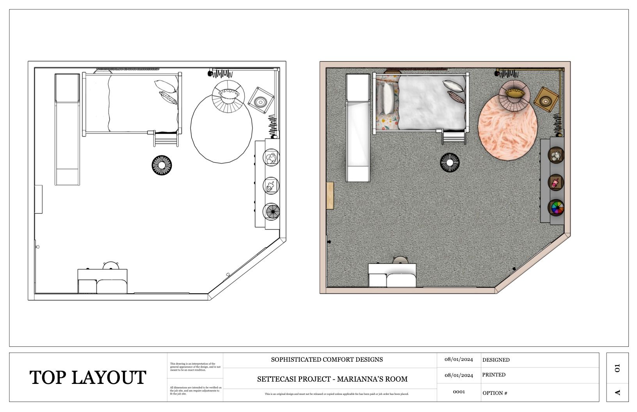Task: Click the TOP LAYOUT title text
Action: pos(88,378)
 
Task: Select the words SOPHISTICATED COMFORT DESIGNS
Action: pos(327,360)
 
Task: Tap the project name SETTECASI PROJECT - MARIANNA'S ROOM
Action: pos(332,379)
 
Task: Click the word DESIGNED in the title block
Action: pos(496,360)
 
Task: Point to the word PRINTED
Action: pos(494,375)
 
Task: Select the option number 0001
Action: pos(459,392)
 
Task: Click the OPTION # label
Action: pos(495,393)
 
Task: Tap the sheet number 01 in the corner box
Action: pos(617,368)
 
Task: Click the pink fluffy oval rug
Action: pos(507,131)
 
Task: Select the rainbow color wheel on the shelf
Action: pos(556,208)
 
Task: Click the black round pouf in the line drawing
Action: pos(161,165)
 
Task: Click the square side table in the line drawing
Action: pos(260,101)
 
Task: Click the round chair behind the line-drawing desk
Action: pos(111,265)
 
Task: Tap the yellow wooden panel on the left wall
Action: pos(330,196)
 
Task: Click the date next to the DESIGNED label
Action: pos(459,360)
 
